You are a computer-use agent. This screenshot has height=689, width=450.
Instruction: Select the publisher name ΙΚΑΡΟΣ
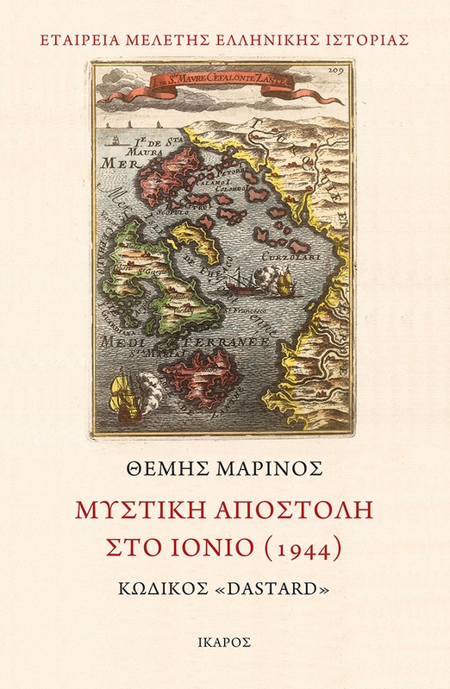(x=225, y=642)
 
